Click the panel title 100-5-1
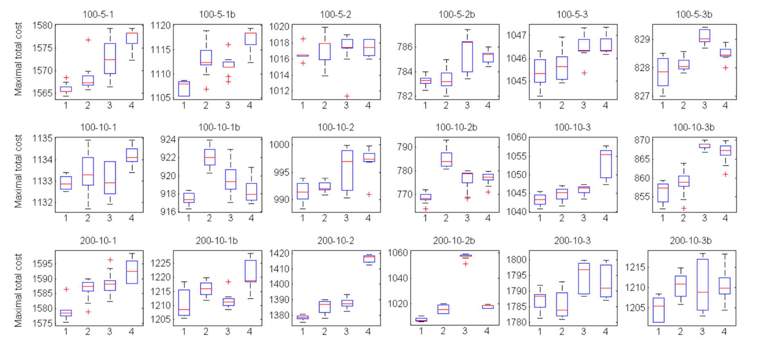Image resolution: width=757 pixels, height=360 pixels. pyautogui.click(x=98, y=14)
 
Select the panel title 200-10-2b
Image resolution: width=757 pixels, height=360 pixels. pyautogui.click(x=454, y=241)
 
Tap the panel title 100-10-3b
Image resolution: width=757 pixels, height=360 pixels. pyautogui.click(x=694, y=127)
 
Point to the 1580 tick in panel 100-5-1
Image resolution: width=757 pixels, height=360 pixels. pyautogui.click(x=43, y=25)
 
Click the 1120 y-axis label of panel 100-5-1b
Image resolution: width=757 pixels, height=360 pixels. pyautogui.click(x=160, y=25)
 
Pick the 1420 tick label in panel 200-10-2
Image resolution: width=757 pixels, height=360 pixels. pyautogui.click(x=279, y=253)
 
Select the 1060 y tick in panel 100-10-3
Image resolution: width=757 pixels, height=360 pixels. pyautogui.click(x=516, y=137)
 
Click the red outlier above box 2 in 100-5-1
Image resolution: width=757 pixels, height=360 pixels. pyautogui.click(x=88, y=40)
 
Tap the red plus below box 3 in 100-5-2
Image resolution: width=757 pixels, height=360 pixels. pyautogui.click(x=347, y=96)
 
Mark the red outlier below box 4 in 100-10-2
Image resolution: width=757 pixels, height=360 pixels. pyautogui.click(x=369, y=194)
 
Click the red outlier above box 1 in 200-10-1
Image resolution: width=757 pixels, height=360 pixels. pyautogui.click(x=66, y=289)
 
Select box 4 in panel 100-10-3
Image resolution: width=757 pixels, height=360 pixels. pyautogui.click(x=606, y=164)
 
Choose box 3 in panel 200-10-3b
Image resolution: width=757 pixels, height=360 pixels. pyautogui.click(x=703, y=284)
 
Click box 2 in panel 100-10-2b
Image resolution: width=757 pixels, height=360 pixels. pyautogui.click(x=446, y=160)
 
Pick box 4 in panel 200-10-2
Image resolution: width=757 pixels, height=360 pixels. pyautogui.click(x=369, y=259)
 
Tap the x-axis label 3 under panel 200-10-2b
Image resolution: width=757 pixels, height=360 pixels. pyautogui.click(x=465, y=331)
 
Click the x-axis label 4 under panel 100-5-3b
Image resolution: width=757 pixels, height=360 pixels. pyautogui.click(x=725, y=105)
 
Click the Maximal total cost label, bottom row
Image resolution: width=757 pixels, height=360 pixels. pyautogui.click(x=18, y=290)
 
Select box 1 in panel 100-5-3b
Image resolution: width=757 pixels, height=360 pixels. pyautogui.click(x=663, y=72)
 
